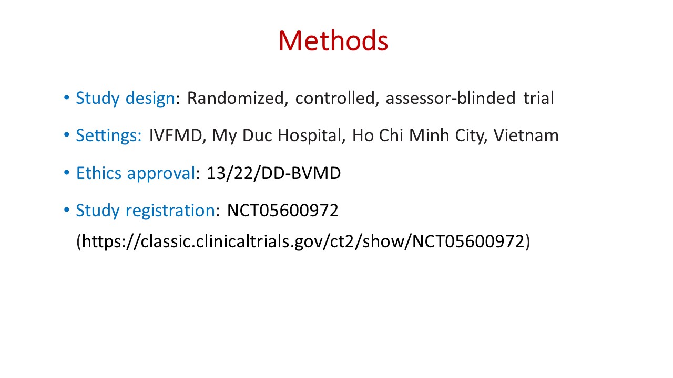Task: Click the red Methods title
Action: pos(333,41)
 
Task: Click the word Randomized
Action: pos(235,98)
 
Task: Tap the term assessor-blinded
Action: pos(451,98)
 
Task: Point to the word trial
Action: pos(539,98)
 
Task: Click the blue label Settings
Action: pos(108,135)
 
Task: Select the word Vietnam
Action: pos(526,135)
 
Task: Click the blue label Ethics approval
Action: pos(136,173)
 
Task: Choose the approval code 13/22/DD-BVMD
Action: pos(274,173)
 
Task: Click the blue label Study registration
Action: pos(146,211)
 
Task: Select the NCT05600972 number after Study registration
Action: pos(283,211)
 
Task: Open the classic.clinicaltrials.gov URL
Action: pos(303,241)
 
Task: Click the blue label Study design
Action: pos(125,98)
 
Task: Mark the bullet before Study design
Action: pos(67,98)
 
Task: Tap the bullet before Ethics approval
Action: pos(67,173)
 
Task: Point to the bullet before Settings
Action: pos(67,135)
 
